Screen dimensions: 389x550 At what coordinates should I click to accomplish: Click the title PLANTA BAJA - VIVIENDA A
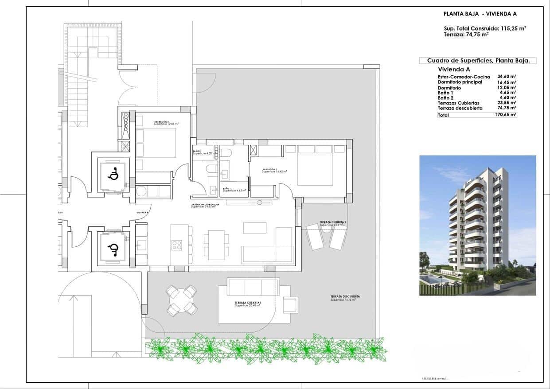click(480, 14)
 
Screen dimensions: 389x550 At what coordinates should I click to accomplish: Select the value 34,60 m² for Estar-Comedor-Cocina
click(507, 77)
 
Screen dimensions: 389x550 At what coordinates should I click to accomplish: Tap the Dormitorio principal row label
click(460, 82)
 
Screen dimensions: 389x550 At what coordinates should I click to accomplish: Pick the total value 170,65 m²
click(506, 115)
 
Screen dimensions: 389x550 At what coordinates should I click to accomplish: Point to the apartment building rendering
click(477, 225)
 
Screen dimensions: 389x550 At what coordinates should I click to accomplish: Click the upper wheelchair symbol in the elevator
click(113, 175)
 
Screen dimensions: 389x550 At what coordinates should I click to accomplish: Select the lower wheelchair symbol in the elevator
click(113, 249)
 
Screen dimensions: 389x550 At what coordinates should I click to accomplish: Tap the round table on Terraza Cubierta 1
click(181, 300)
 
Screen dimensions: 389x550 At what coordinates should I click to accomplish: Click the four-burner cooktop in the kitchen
click(177, 245)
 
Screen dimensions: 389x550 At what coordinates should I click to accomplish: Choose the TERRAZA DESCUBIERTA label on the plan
click(345, 296)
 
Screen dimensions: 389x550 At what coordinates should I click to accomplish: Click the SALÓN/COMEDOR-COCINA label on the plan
click(205, 205)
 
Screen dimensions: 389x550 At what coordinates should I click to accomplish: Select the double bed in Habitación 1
click(315, 165)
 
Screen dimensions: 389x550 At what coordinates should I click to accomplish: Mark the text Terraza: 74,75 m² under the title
click(466, 34)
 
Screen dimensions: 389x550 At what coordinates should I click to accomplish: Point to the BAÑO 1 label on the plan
click(227, 189)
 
